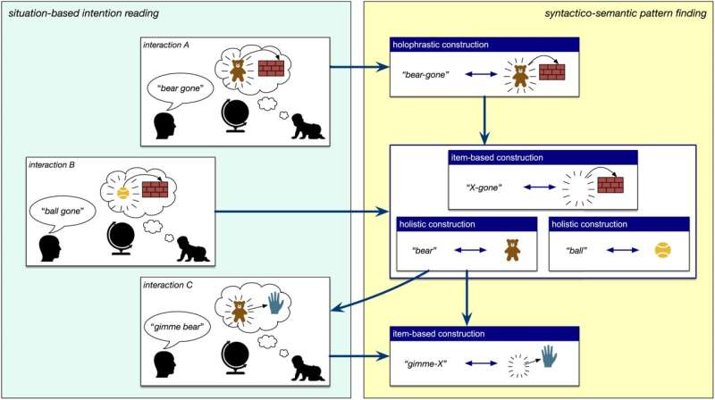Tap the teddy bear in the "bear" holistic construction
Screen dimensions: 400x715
point(512,250)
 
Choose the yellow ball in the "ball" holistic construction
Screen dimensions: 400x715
point(662,251)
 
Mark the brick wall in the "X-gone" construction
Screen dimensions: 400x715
point(610,185)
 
